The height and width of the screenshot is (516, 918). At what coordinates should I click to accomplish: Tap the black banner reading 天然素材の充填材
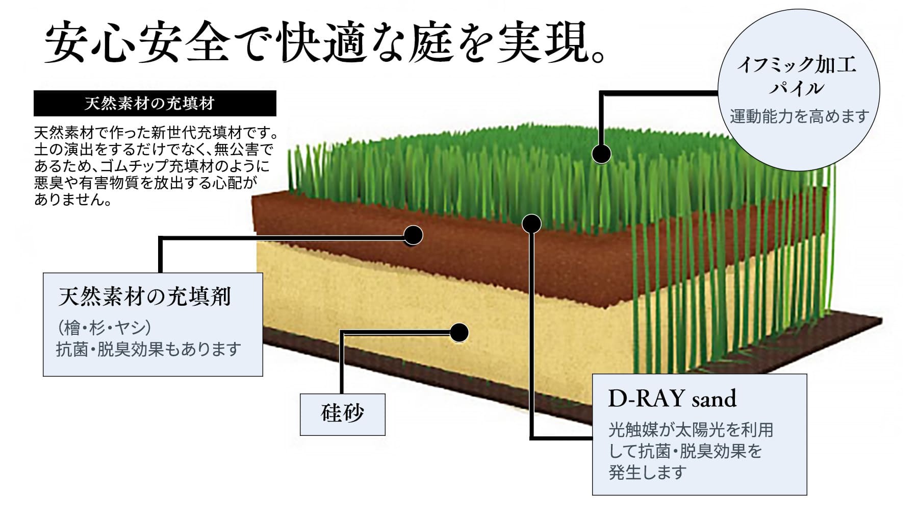(155, 104)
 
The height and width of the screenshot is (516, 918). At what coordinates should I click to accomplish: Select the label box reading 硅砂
(342, 414)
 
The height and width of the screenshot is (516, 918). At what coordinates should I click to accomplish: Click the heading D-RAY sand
(672, 399)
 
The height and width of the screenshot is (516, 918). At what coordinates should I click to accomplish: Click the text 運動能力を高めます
(799, 116)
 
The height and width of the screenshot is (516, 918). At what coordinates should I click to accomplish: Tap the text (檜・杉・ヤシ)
(104, 327)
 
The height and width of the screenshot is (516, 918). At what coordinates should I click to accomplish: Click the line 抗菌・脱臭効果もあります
(148, 350)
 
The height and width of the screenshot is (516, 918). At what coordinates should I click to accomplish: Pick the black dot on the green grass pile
(601, 154)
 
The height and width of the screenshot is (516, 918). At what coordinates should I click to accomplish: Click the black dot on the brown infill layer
(413, 235)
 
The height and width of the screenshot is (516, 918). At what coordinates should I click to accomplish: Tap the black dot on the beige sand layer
(459, 333)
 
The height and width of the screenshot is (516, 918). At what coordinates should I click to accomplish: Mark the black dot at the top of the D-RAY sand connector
(532, 223)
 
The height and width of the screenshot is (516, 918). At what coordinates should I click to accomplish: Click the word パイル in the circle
(797, 88)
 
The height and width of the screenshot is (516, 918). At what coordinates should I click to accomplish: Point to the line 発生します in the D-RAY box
(647, 473)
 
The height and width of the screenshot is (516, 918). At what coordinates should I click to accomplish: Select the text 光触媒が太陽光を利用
(691, 430)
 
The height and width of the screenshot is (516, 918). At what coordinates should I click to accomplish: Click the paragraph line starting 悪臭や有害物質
(145, 183)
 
